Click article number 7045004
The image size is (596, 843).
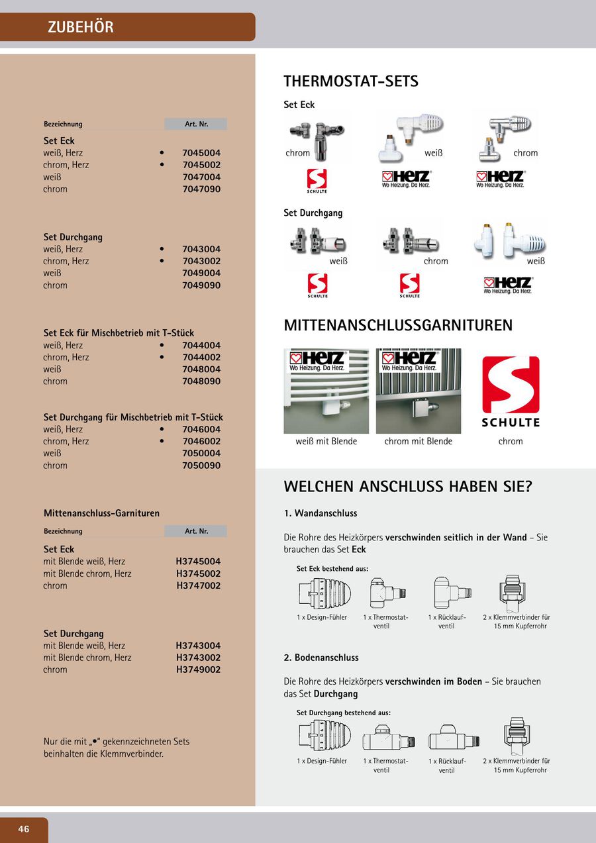pyautogui.click(x=201, y=153)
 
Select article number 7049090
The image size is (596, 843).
pyautogui.click(x=201, y=285)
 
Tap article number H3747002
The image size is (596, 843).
pyautogui.click(x=198, y=586)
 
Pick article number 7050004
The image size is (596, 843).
pyautogui.click(x=201, y=454)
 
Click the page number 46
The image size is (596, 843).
pyautogui.click(x=24, y=829)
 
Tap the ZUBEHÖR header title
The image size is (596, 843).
pyautogui.click(x=81, y=27)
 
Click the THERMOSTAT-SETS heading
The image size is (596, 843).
pyautogui.click(x=351, y=81)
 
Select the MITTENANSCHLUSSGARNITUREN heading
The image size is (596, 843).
pyautogui.click(x=398, y=325)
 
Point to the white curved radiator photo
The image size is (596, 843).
pyautogui.click(x=326, y=391)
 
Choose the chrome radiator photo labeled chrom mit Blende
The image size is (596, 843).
pyautogui.click(x=419, y=391)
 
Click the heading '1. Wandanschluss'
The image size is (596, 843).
pyautogui.click(x=321, y=513)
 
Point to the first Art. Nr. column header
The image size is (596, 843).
pyautogui.click(x=196, y=124)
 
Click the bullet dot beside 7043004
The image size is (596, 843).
pyautogui.click(x=162, y=249)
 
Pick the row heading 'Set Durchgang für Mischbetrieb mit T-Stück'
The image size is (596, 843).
pyautogui.click(x=133, y=417)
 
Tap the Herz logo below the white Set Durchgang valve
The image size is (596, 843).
pyautogui.click(x=508, y=285)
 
